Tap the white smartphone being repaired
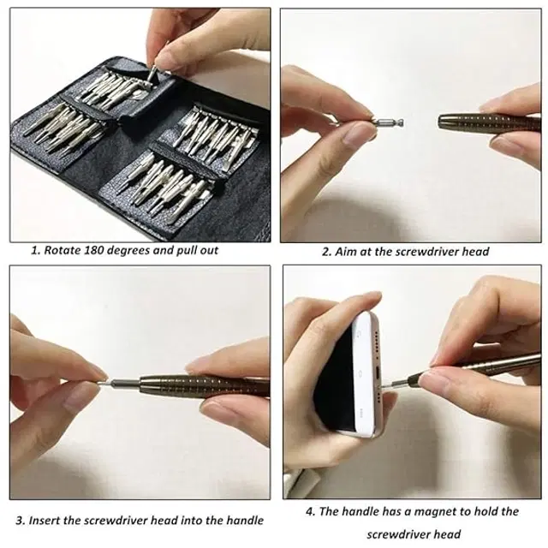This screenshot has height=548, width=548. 360,377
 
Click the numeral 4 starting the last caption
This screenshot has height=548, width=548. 310,511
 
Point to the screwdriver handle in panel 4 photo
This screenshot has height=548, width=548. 488,364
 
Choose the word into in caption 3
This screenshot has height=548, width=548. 194,520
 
